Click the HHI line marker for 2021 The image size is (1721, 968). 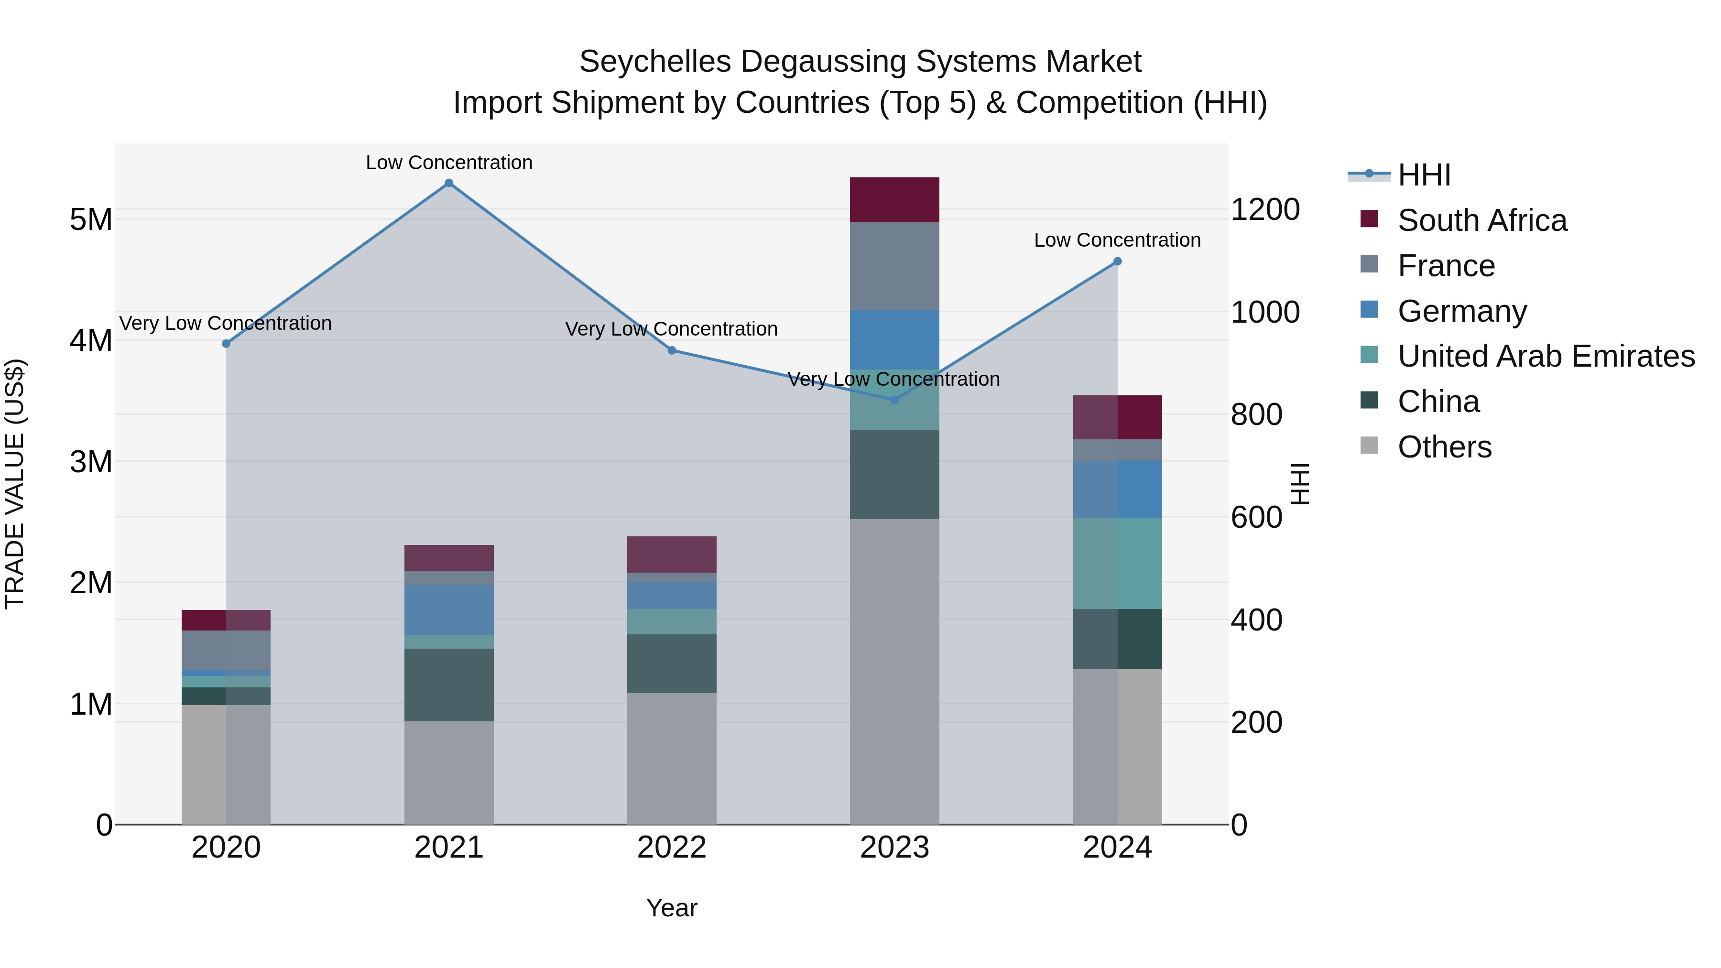tap(449, 183)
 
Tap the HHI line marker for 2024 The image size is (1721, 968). tap(1117, 261)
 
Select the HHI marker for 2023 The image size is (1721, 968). tap(894, 400)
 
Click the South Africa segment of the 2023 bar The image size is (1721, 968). tap(894, 200)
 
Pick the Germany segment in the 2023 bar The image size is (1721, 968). tap(894, 339)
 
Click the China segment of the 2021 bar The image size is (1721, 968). tap(449, 685)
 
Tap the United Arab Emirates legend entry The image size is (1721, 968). tap(1546, 356)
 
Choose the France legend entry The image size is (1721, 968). tap(1446, 266)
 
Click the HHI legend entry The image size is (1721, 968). tap(1424, 175)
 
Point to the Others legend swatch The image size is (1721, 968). tap(1369, 446)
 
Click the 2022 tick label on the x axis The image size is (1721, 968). tap(672, 848)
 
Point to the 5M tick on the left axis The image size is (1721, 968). tap(91, 219)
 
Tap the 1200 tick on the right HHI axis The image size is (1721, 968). tap(1264, 209)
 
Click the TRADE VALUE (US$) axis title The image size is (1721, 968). tap(15, 484)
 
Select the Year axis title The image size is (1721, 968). tap(672, 908)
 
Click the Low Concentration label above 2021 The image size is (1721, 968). tap(449, 163)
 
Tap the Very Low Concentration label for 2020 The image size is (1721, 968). tap(225, 323)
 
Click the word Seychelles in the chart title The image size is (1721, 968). tap(655, 62)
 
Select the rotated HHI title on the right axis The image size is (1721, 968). tap(1299, 484)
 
